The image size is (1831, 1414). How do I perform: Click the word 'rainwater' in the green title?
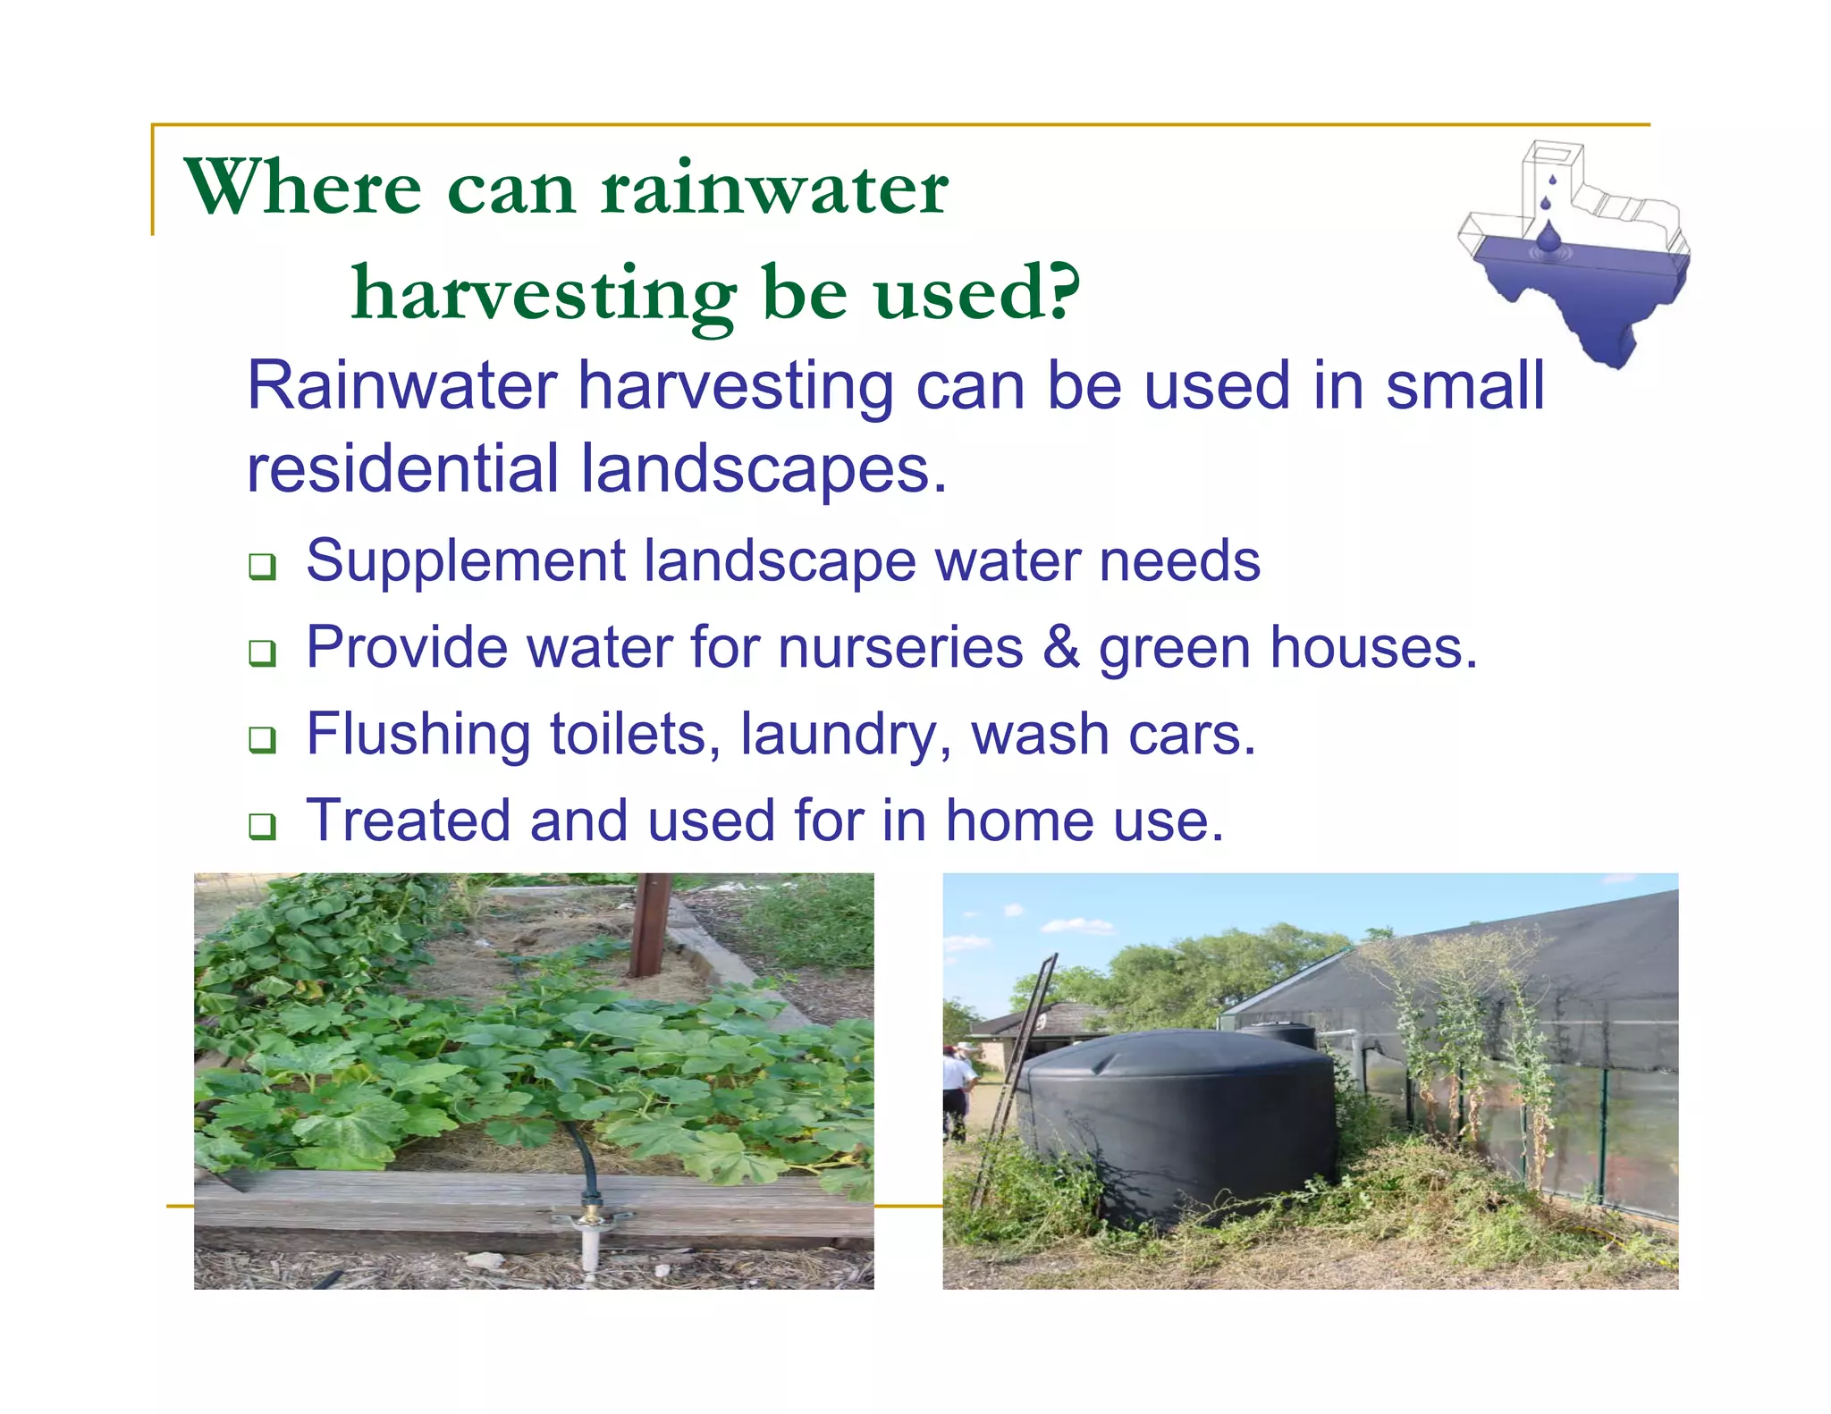point(774,189)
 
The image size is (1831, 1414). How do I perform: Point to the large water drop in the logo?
point(1548,238)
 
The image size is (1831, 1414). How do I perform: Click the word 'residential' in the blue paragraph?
point(402,468)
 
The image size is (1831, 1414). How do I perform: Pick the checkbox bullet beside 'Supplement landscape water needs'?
point(262,566)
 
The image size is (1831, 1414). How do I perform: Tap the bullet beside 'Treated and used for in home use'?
point(262,825)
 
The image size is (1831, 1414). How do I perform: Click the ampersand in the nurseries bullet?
point(1060,647)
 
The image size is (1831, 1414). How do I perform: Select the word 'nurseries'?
point(900,647)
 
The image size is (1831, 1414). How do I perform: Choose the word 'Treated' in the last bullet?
point(408,821)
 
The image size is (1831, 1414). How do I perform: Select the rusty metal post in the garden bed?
point(650,925)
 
